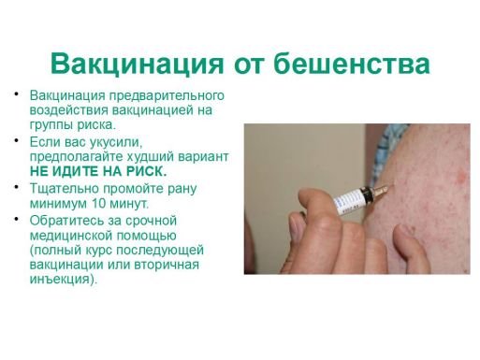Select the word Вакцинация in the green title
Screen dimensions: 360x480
(x=136, y=64)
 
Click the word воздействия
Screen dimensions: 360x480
(x=67, y=110)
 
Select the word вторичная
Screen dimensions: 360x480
(x=168, y=265)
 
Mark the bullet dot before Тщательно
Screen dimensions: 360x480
(x=18, y=188)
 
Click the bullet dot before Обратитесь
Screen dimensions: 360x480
(x=18, y=220)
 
